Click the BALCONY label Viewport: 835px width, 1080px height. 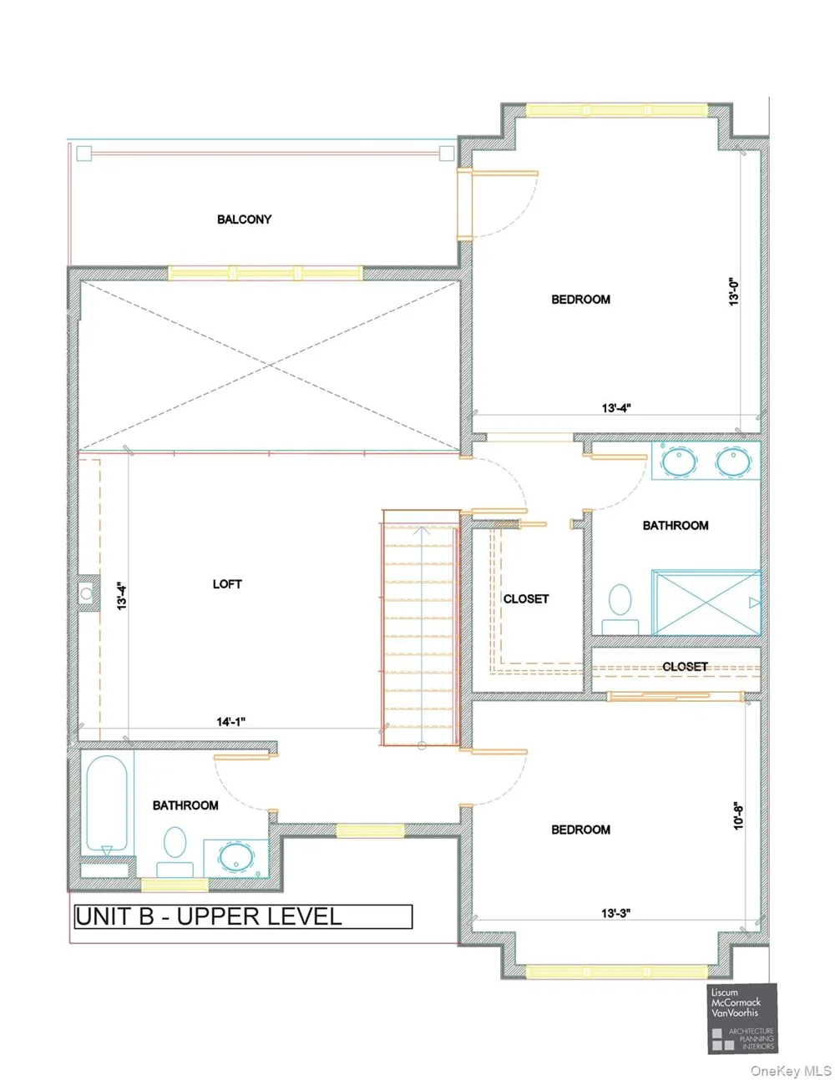(244, 220)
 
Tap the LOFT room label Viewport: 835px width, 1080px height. (227, 584)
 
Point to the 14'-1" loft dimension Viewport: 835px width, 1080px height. (231, 722)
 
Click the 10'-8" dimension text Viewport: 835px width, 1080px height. (738, 815)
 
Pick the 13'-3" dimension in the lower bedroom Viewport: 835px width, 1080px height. (616, 913)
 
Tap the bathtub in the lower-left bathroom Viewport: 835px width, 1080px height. (107, 805)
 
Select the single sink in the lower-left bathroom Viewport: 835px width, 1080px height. (236, 858)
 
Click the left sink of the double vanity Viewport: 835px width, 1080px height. (678, 461)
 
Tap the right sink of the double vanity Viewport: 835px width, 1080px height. (733, 461)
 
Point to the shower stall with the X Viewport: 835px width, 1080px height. (706, 603)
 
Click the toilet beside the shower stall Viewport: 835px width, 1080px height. (620, 609)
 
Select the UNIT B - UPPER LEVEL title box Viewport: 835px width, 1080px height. (244, 917)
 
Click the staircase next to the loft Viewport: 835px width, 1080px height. (421, 628)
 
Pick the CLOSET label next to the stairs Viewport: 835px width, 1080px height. (526, 599)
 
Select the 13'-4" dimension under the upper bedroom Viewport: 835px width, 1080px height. (616, 408)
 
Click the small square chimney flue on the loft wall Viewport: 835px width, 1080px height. (88, 593)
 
